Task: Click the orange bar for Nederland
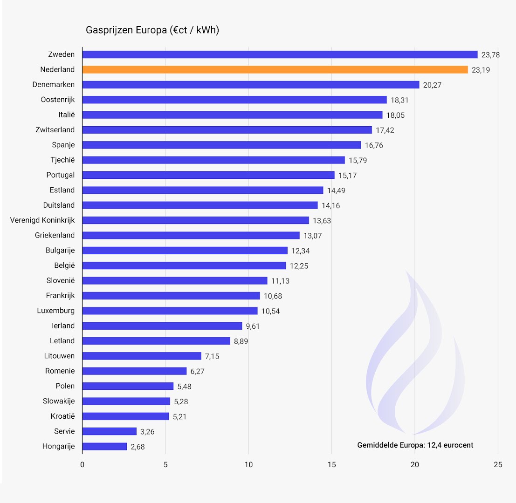pos(275,69)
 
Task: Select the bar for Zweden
pos(280,54)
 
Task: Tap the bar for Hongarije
pos(104,446)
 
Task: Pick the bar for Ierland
pos(162,326)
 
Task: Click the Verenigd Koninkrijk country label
pos(42,220)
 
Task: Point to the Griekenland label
pos(55,235)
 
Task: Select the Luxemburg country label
pos(56,311)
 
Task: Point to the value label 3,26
pos(147,432)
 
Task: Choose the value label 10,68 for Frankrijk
pos(273,296)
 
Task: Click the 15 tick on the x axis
pos(331,465)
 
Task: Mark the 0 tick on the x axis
pos(83,465)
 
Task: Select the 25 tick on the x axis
pos(498,465)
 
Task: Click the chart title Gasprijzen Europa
pos(152,30)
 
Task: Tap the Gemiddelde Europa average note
pos(415,445)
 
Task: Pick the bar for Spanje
pos(221,145)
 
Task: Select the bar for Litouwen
pos(142,356)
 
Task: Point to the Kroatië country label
pos(62,416)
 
